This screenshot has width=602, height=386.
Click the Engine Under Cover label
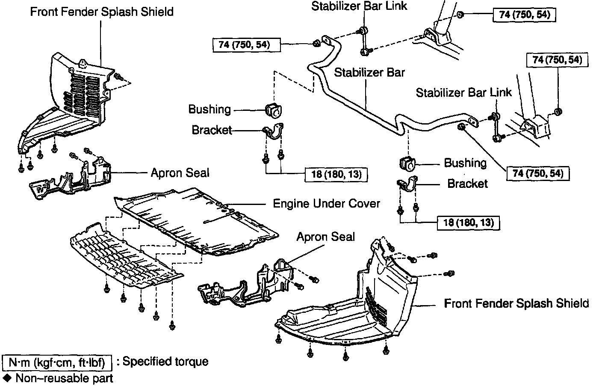pyautogui.click(x=326, y=203)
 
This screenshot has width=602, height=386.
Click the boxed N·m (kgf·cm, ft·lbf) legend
pyautogui.click(x=57, y=363)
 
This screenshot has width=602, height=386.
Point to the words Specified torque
pyautogui.click(x=165, y=362)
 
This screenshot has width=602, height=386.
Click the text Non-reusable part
pyautogui.click(x=64, y=378)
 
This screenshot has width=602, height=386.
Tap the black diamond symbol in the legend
pyautogui.click(x=8, y=378)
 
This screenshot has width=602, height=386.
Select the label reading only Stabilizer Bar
pyautogui.click(x=369, y=72)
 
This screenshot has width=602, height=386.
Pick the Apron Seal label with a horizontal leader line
pyautogui.click(x=180, y=173)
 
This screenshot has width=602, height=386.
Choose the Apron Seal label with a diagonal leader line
pyautogui.click(x=326, y=237)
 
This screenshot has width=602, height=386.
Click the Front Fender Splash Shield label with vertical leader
pyautogui.click(x=102, y=12)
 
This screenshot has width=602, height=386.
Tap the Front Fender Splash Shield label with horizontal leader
pyautogui.click(x=516, y=303)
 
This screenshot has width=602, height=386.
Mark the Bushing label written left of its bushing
pyautogui.click(x=210, y=110)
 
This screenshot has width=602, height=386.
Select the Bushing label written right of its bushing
pyautogui.click(x=465, y=163)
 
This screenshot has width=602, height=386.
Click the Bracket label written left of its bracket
pyautogui.click(x=212, y=130)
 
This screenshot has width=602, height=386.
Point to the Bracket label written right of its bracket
pyautogui.click(x=467, y=184)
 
